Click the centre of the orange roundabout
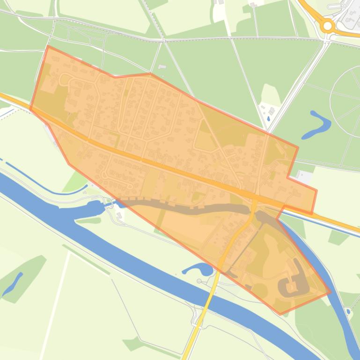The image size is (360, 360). point(328,25)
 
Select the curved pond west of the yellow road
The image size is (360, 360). point(198,269)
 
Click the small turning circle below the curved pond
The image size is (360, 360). point(199,281)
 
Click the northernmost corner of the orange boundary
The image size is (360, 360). point(48,46)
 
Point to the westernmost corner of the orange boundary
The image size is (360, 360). point(30,109)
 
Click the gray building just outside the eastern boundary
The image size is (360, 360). point(305,177)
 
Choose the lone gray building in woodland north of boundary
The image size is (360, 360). point(162,67)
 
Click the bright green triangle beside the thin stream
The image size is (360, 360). point(74,181)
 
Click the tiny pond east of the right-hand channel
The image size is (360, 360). point(348,311)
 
